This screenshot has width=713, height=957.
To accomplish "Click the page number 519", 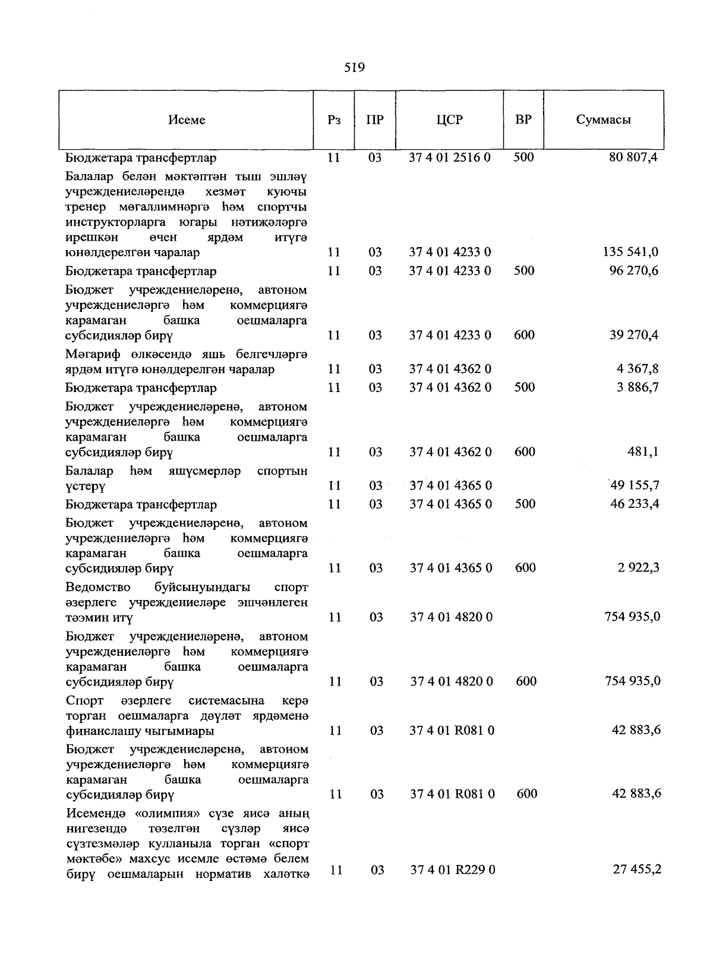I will point(354,68).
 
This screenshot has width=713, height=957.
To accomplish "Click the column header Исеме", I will point(187,120).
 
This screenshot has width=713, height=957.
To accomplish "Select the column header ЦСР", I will point(449,120).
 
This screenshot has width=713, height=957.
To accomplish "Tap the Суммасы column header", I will point(603,120).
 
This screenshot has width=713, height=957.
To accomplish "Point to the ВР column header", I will point(523,120).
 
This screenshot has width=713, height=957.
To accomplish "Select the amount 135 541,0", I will point(630,252).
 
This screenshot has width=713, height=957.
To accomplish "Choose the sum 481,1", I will point(643,452).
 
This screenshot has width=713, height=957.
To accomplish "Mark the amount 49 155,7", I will point(634,485).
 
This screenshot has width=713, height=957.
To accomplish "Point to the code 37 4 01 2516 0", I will point(450,157).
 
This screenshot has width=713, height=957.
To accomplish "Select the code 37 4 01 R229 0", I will point(453,870).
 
